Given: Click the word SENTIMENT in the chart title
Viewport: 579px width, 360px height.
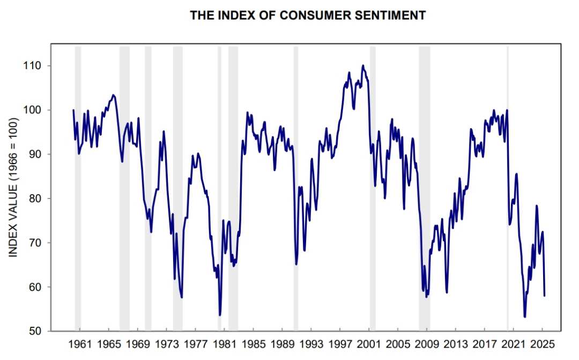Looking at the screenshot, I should tap(390, 16).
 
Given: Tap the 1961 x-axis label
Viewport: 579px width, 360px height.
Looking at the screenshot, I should tap(80, 344).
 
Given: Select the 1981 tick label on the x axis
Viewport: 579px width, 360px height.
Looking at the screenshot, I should tap(224, 344).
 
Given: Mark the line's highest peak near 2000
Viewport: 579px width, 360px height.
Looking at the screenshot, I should tap(363, 65).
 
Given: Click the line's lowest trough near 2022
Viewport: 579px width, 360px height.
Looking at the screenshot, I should tap(524, 317).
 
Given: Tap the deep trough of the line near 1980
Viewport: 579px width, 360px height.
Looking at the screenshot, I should tap(220, 315).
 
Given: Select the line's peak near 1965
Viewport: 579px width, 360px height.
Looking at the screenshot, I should tap(113, 95).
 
